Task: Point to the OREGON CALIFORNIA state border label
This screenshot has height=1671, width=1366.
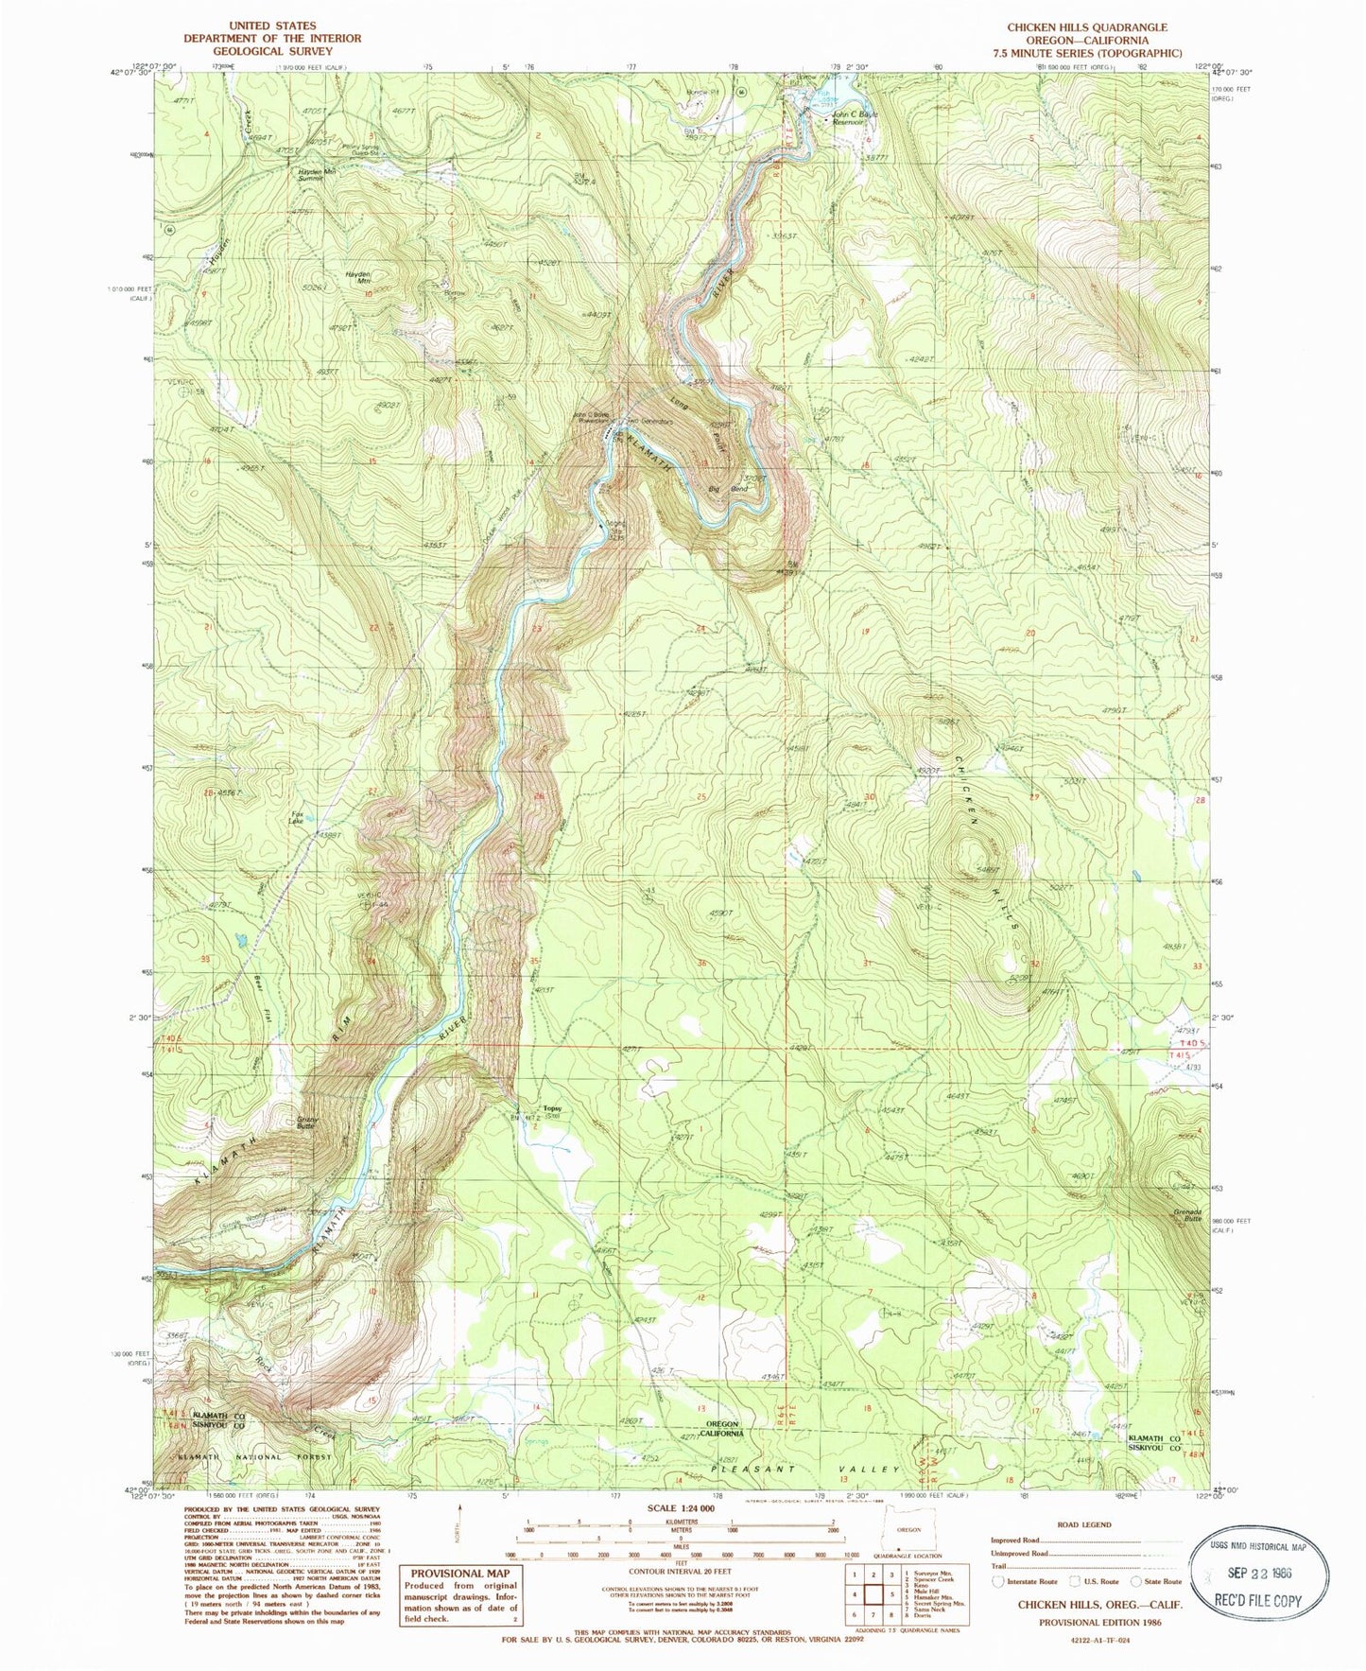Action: coord(718,1428)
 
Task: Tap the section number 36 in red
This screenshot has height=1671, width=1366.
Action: coord(701,964)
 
